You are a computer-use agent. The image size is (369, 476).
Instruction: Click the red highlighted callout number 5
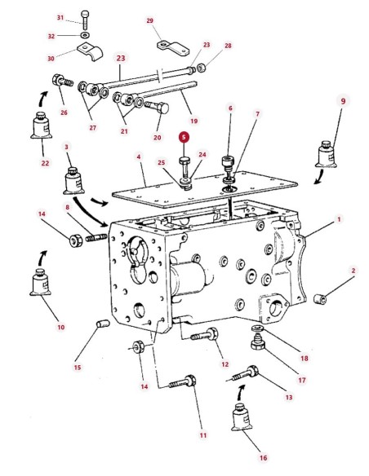coord(184,137)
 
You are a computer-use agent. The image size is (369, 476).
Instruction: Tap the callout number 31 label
coord(60,18)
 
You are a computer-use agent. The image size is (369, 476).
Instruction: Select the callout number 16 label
coord(263,457)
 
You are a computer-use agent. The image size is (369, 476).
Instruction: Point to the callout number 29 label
coord(150,20)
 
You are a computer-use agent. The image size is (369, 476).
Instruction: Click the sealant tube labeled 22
coord(41,126)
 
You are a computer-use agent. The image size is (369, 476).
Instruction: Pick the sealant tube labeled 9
coord(326,154)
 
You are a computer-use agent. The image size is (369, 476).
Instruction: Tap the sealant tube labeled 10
coord(40,282)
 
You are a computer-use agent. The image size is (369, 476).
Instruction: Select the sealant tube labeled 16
coord(242,417)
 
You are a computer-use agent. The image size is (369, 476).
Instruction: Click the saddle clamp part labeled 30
coord(90,51)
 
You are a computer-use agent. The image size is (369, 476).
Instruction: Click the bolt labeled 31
coord(86,20)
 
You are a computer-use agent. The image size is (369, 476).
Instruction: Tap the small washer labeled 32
coord(85,36)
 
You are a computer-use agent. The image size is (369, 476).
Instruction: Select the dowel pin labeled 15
coord(103,324)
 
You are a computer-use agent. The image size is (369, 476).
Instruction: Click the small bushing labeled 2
coord(320,299)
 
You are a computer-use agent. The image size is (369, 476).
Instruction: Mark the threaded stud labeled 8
coord(96,237)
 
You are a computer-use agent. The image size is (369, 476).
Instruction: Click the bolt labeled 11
coord(183,381)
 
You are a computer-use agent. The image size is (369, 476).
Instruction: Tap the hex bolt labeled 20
coord(157,107)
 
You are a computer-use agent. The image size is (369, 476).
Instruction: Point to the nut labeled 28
coord(201,68)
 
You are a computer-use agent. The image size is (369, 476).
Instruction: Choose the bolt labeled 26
coord(63,81)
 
